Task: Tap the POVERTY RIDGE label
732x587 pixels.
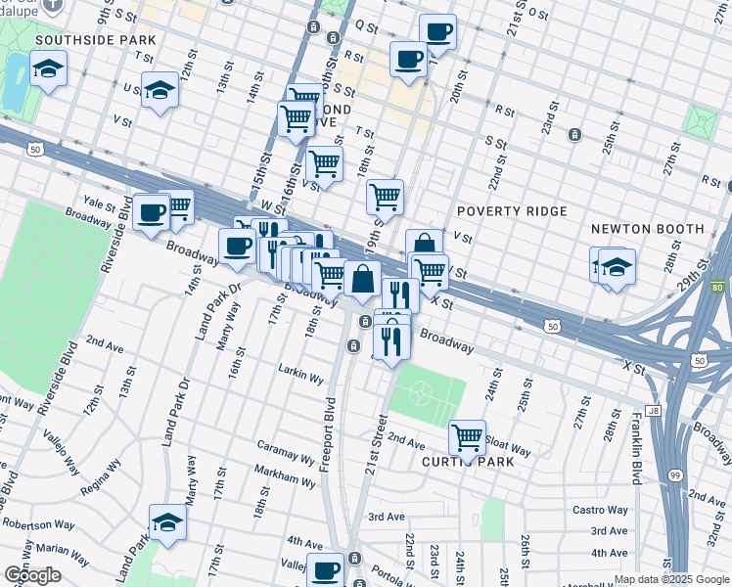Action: (x=512, y=212)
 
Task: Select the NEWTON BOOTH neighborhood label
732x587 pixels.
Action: (x=648, y=229)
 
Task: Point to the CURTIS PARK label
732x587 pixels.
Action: (x=468, y=462)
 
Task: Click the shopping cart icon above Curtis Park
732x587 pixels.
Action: (x=468, y=438)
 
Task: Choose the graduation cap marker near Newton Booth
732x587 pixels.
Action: (x=617, y=267)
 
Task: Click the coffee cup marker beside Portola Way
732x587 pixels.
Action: (x=325, y=570)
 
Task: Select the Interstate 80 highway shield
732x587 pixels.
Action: (x=719, y=288)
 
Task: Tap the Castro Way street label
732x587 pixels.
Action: (x=600, y=510)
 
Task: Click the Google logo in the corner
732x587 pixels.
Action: (x=32, y=575)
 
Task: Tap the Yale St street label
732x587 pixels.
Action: (x=99, y=203)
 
